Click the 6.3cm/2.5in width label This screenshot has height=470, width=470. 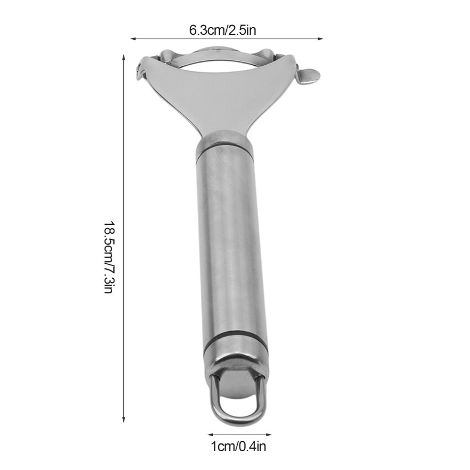[x=223, y=30]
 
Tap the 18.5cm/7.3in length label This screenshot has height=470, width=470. [x=108, y=258]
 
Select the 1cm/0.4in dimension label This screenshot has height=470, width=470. [x=239, y=447]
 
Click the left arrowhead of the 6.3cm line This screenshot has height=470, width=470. [x=133, y=39]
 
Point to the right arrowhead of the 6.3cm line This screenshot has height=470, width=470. [x=321, y=39]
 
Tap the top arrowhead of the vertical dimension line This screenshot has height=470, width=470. [x=123, y=57]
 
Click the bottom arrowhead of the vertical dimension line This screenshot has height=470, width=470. [x=123, y=420]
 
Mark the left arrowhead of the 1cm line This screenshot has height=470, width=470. [x=210, y=434]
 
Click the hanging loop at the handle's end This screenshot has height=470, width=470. [x=238, y=415]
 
